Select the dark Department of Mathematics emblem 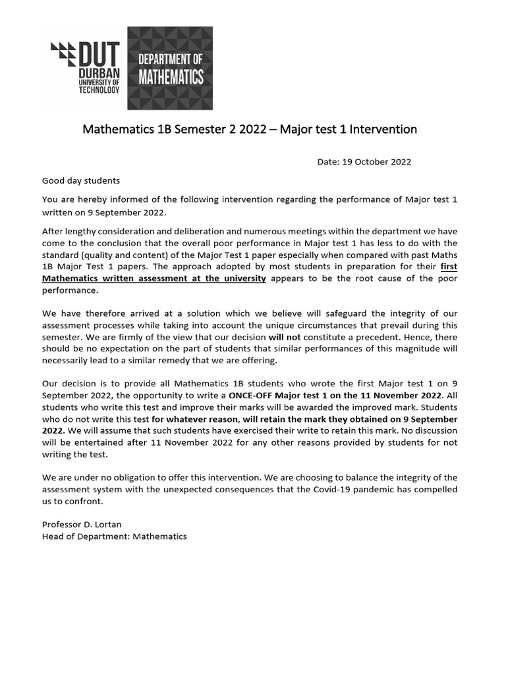(x=169, y=68)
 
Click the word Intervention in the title (x=383, y=129)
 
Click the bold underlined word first (x=449, y=267)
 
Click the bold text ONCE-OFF (x=250, y=396)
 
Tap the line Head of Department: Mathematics (x=115, y=536)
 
